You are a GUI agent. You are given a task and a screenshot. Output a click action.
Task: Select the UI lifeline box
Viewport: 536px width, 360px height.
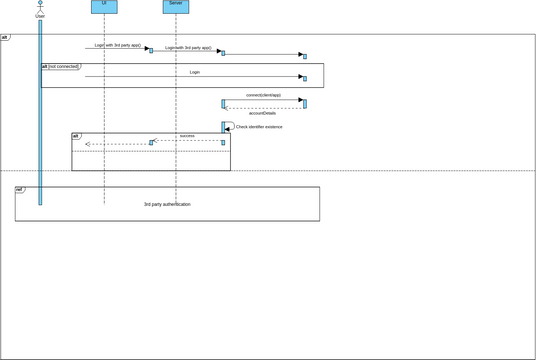coord(104,6)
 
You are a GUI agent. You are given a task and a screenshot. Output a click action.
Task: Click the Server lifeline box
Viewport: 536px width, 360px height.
coord(176,6)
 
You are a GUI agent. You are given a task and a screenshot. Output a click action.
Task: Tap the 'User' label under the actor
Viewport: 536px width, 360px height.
coord(40,17)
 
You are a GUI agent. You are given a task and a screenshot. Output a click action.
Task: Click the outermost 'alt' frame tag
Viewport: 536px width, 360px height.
coord(5,36)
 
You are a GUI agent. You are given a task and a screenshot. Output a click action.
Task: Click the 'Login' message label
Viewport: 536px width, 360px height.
coord(194,72)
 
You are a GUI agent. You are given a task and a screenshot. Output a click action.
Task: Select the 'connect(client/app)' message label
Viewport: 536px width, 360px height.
coord(263,95)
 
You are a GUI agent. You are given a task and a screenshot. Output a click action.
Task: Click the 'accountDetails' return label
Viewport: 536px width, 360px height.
coord(263,113)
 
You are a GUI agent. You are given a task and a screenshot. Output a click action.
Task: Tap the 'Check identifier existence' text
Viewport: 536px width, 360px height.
coord(259,127)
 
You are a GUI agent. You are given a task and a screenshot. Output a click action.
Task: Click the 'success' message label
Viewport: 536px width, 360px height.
coord(187,135)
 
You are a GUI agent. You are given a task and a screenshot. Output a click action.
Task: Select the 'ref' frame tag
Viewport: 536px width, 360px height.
coord(19,189)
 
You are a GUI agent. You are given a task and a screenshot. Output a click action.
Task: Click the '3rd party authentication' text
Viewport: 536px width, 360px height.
coord(166,204)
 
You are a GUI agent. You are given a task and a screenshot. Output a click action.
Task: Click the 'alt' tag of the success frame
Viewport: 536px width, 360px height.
coord(76,135)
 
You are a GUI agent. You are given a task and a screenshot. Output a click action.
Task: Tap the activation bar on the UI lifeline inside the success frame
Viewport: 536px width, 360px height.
coord(151,142)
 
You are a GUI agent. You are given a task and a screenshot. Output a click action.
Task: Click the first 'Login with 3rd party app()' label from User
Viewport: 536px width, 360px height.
coord(117,45)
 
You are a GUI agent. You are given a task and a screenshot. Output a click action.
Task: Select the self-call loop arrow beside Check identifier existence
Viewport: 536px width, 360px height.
coord(230,126)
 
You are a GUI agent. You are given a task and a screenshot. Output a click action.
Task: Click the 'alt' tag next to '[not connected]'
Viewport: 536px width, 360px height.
coord(44,66)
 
